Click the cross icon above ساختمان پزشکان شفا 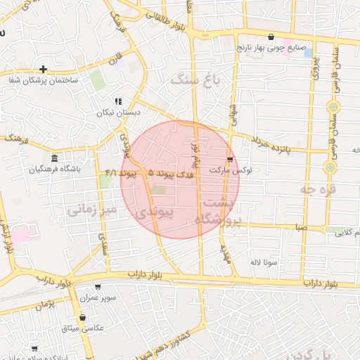(44, 69)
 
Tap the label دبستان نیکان (138, 112)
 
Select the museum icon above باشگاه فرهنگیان (55, 157)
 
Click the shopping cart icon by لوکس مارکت (230, 160)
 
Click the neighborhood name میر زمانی (91, 210)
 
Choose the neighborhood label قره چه (317, 188)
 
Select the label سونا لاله (266, 262)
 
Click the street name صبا (301, 228)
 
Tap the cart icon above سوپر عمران (98, 286)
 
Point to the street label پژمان (44, 304)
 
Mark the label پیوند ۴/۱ (119, 172)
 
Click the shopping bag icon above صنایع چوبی (271, 37)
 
